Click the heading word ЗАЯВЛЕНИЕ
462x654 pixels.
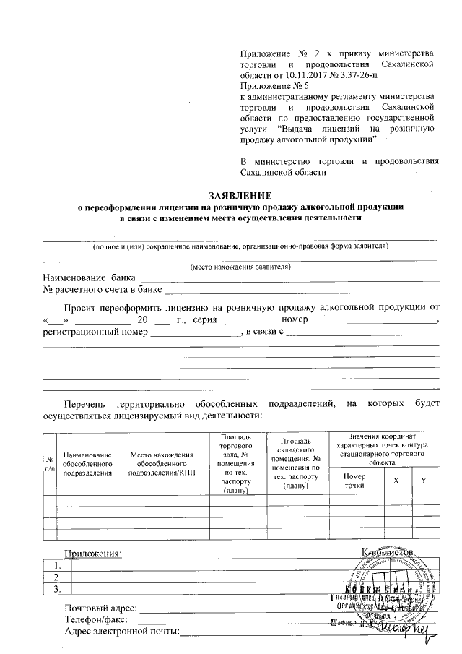pyautogui.click(x=240, y=196)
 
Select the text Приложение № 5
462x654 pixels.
pyautogui.click(x=269, y=85)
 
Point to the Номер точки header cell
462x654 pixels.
pyautogui.click(x=355, y=481)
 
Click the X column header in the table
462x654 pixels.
pyautogui.click(x=396, y=481)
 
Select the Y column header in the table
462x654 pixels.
pyautogui.click(x=424, y=481)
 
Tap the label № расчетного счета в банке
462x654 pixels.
pyautogui.click(x=103, y=290)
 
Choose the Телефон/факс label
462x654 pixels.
pyautogui.click(x=96, y=619)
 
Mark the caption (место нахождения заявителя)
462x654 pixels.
pyautogui.click(x=240, y=267)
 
